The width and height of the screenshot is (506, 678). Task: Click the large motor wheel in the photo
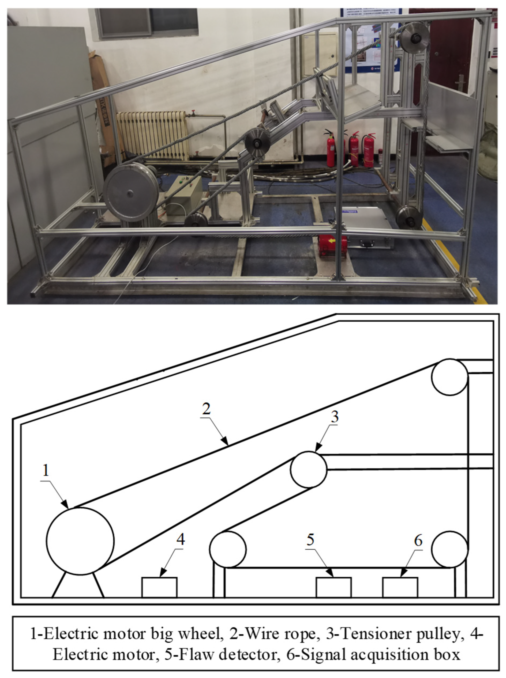coord(131,192)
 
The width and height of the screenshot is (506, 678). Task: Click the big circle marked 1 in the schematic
coord(80,541)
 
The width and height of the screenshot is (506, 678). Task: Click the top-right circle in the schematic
coord(450,377)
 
